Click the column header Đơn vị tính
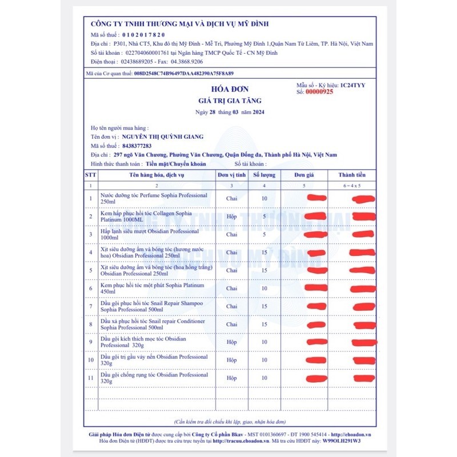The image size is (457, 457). (x=231, y=175)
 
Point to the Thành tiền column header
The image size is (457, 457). (x=352, y=175)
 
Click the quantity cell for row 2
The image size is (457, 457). (x=264, y=217)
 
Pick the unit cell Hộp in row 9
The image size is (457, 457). (x=231, y=342)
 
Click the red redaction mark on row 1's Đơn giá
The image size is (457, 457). (x=316, y=198)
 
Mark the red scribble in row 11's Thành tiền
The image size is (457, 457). (x=364, y=378)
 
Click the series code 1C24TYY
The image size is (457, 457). (x=352, y=85)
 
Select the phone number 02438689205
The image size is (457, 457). (x=134, y=61)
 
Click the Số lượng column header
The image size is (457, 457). (x=264, y=175)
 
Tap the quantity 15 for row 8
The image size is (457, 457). (x=264, y=324)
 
